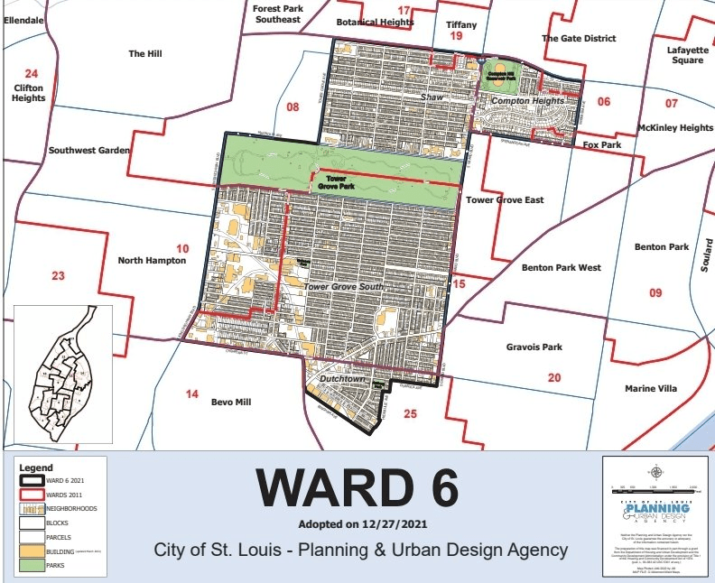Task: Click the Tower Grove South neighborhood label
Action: click(344, 287)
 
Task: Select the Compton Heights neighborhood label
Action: click(526, 102)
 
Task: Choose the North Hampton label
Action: click(152, 261)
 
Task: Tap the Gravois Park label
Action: click(534, 347)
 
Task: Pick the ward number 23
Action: click(58, 275)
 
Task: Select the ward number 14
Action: click(191, 394)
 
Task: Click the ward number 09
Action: click(655, 292)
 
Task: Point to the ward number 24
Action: click(32, 74)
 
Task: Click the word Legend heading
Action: click(37, 468)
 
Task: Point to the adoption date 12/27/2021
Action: click(357, 524)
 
